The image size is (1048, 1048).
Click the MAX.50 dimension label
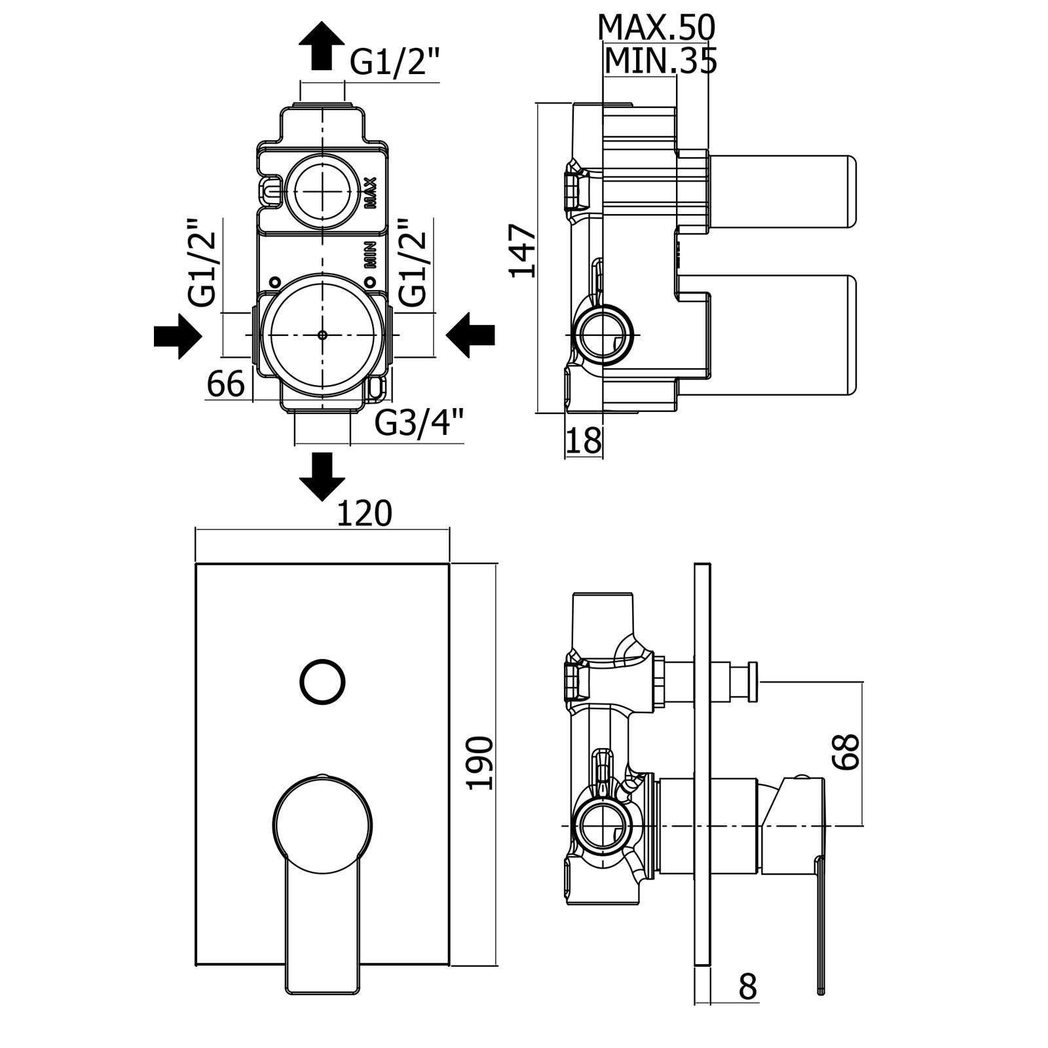[656, 28]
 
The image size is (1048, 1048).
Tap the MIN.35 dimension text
[660, 62]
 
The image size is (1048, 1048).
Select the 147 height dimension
[523, 250]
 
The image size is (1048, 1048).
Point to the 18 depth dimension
[583, 440]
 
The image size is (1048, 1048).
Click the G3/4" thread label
[420, 422]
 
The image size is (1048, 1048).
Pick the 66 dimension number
[225, 384]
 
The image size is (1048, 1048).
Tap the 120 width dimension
[364, 514]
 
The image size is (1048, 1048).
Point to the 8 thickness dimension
[747, 1005]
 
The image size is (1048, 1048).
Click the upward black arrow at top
[322, 45]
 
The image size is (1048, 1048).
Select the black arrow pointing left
[470, 335]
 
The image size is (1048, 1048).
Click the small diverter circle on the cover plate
[322, 682]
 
